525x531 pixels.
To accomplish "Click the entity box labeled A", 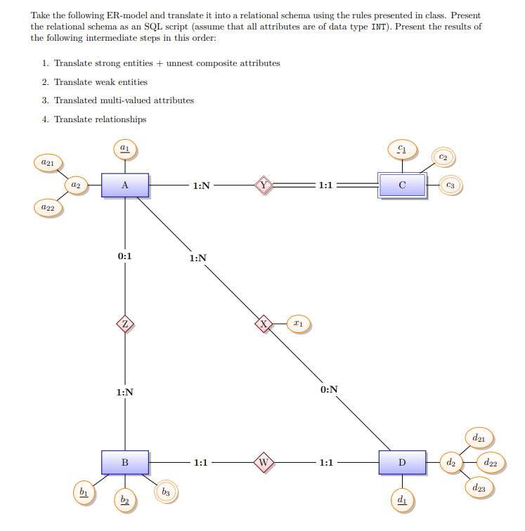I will click(x=124, y=185).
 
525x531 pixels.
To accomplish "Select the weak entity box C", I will click(x=402, y=185).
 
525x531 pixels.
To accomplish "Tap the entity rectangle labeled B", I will click(x=124, y=462).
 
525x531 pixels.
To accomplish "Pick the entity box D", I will click(x=402, y=462).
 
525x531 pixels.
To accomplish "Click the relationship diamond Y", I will click(x=264, y=185).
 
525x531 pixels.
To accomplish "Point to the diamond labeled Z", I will click(x=124, y=324).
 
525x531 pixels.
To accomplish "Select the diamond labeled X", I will click(x=264, y=324).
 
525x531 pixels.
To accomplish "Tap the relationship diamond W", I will click(x=264, y=462).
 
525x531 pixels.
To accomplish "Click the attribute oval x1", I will click(x=298, y=324).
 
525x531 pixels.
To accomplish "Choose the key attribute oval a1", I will click(x=124, y=148).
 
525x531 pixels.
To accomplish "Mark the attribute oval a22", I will click(x=48, y=208).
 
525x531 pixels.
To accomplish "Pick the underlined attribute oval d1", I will click(x=402, y=499).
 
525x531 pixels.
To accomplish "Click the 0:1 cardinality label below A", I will click(x=124, y=256).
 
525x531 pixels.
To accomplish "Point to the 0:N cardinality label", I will click(x=328, y=389).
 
